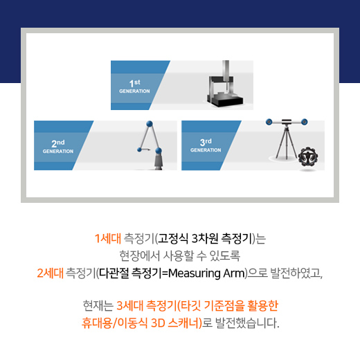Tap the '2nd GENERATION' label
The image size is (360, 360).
pyautogui.click(x=57, y=146)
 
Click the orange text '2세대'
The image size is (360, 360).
pyautogui.click(x=50, y=273)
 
